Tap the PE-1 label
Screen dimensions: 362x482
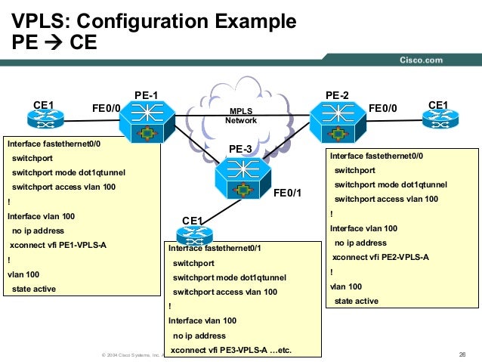coord(145,94)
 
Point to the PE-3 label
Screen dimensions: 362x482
coord(240,149)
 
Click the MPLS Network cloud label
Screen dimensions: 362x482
coord(241,116)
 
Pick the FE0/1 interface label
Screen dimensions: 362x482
coord(287,193)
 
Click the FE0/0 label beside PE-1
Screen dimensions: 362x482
coord(106,108)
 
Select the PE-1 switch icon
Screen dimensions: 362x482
coord(146,121)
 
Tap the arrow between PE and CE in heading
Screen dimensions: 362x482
coord(57,43)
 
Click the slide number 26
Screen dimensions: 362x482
coord(462,355)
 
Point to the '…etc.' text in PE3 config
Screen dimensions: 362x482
coord(277,350)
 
